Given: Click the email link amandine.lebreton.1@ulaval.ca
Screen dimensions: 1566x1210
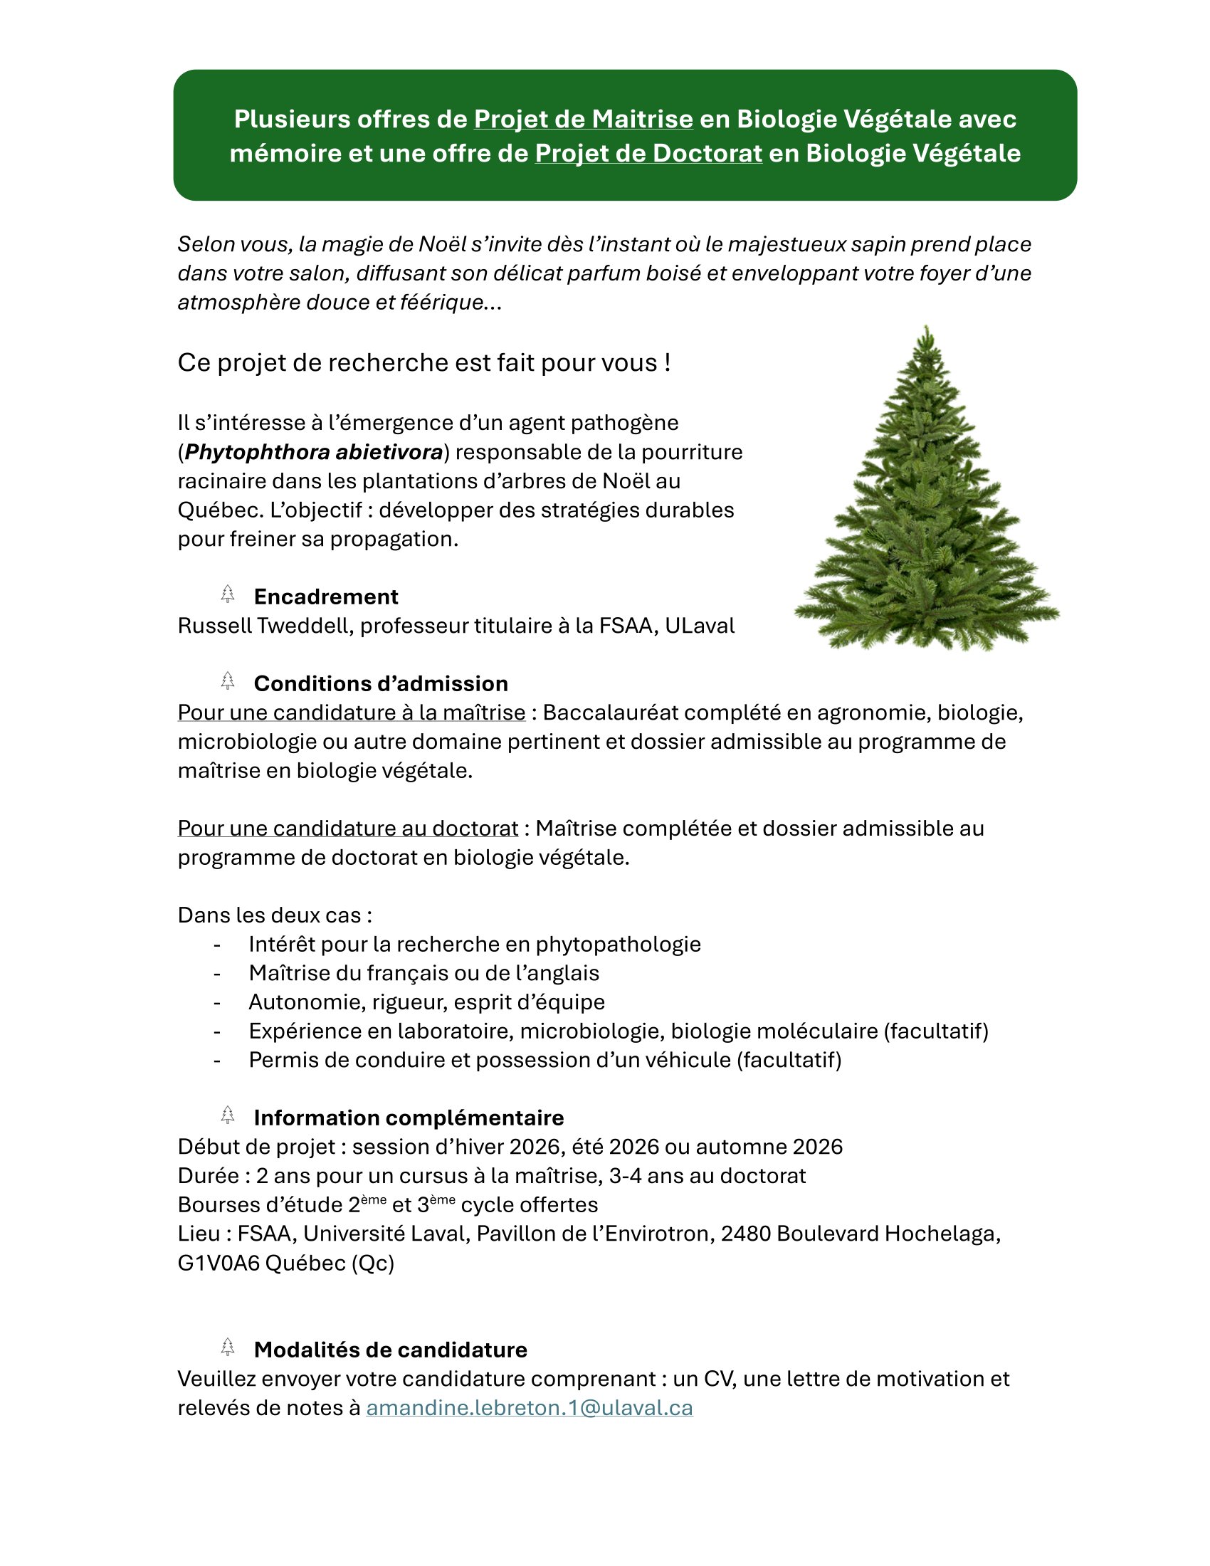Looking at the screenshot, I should [529, 1407].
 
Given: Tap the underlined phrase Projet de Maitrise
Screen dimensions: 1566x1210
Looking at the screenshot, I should [583, 119].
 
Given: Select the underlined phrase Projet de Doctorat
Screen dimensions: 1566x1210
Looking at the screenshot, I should [648, 154].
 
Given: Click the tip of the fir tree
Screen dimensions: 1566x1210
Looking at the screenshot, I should [926, 328].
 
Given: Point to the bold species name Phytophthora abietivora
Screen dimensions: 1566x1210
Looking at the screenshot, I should [314, 453].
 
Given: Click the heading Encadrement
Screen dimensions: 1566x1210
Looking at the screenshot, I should [325, 597].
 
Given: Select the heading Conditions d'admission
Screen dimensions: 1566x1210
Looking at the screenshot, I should [381, 683].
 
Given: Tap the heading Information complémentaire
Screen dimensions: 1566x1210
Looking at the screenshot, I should [409, 1118].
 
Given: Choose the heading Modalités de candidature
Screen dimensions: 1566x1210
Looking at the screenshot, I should [390, 1350].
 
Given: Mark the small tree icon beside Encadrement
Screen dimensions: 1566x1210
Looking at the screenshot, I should [228, 594].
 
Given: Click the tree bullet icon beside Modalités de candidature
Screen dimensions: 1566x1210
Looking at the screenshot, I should [228, 1347].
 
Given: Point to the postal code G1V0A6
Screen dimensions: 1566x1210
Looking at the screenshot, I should [218, 1263].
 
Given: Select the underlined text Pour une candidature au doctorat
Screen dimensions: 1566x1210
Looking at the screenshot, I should [347, 828].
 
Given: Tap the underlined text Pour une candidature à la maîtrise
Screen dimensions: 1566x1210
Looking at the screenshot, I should [351, 713].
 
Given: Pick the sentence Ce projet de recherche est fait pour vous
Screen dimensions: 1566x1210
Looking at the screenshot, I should [423, 363].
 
